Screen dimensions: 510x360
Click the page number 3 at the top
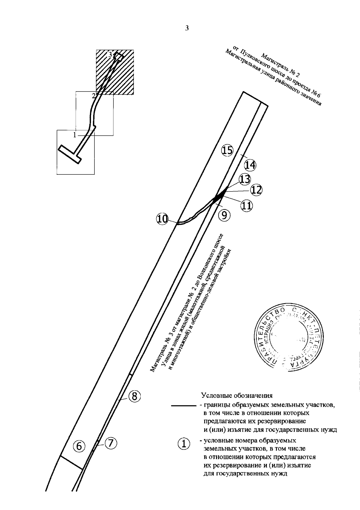[x=187, y=29]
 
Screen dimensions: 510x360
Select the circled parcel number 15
[x=227, y=150]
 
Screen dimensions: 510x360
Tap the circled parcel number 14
[x=250, y=165]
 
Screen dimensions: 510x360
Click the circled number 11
[x=246, y=206]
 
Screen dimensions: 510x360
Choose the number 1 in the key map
[x=74, y=135]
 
